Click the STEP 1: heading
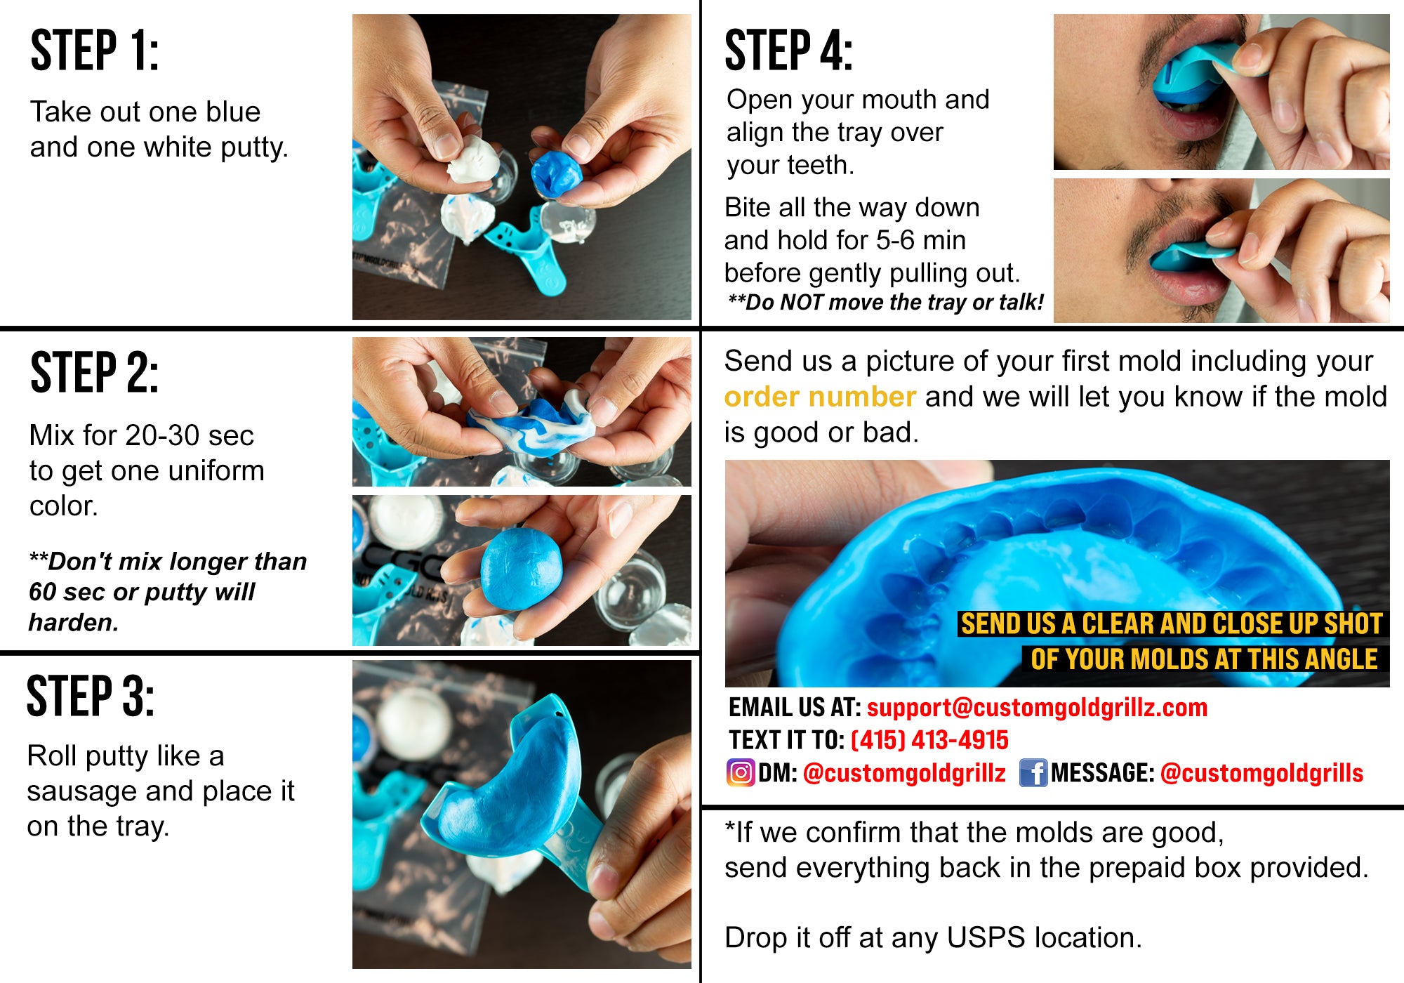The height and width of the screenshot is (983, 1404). click(95, 51)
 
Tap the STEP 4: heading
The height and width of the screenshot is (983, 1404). click(788, 51)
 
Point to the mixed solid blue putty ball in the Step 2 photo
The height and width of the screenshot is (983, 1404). click(521, 569)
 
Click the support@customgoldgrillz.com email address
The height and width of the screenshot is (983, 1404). click(1037, 707)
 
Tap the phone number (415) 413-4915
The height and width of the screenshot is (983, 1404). click(929, 740)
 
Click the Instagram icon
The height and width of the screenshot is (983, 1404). click(740, 772)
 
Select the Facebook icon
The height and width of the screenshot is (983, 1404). click(1033, 772)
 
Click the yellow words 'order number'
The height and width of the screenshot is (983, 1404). click(820, 397)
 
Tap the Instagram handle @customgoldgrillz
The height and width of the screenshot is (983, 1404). click(904, 773)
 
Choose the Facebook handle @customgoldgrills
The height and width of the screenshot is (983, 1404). click(1261, 773)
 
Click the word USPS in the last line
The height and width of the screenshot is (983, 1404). click(986, 938)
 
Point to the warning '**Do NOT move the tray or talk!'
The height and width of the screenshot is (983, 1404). click(886, 303)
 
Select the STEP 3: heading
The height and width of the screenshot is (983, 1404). click(91, 697)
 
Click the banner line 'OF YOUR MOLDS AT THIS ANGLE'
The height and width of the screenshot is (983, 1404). click(1203, 659)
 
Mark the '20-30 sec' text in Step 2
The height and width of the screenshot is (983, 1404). click(190, 435)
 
